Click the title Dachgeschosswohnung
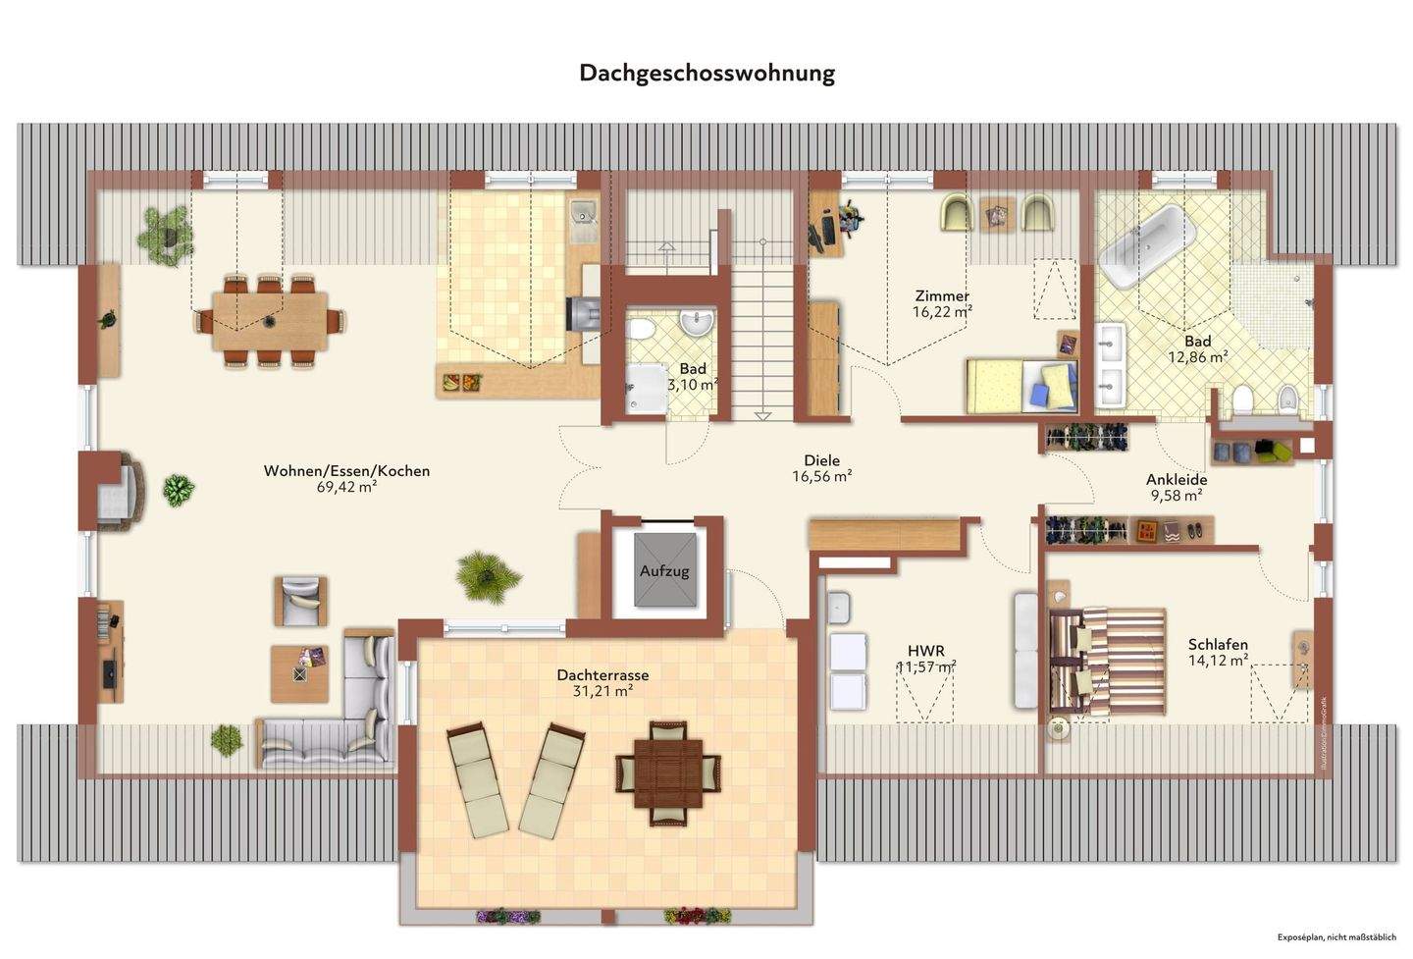pos(706,74)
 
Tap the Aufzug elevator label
pos(664,570)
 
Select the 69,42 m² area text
pos(347,487)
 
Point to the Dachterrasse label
pos(602,675)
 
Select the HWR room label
pos(925,651)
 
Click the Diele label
pos(821,460)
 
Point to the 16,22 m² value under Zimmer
pos(942,312)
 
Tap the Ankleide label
pos(1177,480)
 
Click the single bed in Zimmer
pos(1020,385)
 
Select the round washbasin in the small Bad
pos(700,321)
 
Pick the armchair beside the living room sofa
pos(300,601)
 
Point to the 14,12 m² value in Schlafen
pos(1218,661)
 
